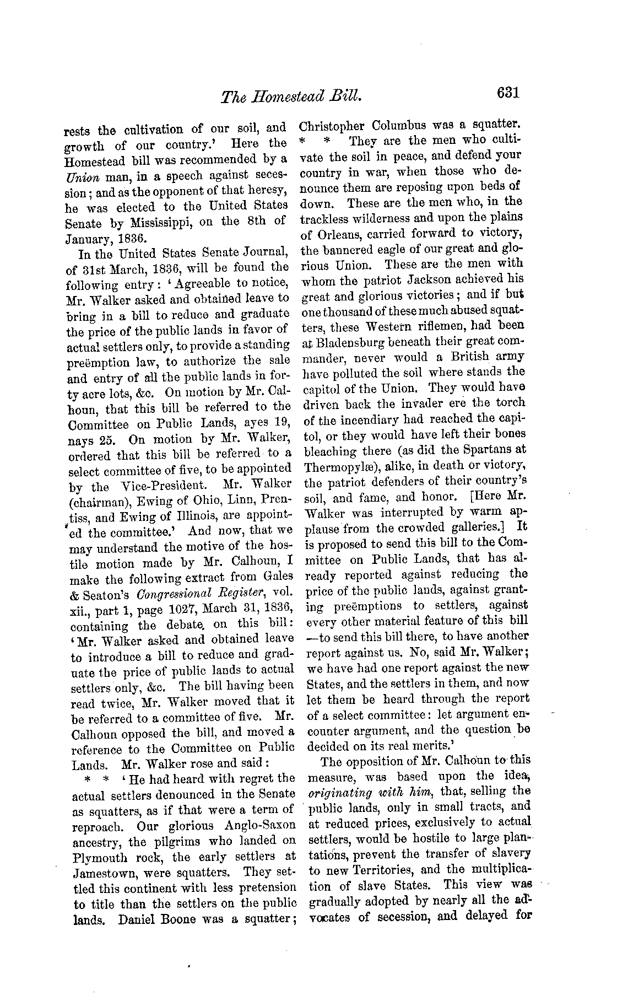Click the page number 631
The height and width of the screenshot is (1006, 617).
[508, 93]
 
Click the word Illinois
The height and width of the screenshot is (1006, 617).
[207, 518]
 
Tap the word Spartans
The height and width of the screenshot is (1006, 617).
[485, 450]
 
